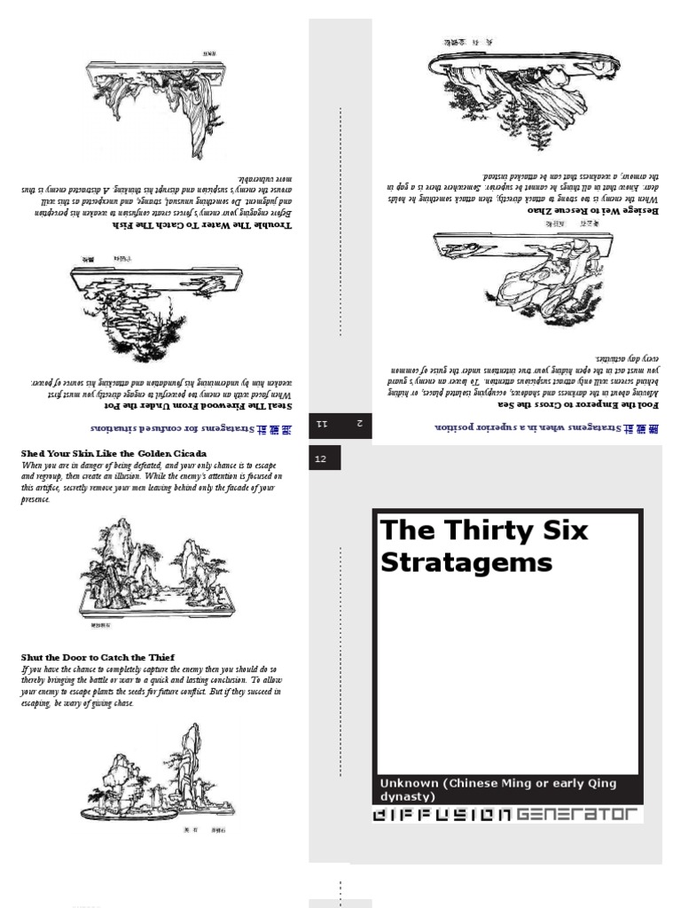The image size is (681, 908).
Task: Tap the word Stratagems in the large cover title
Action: (466, 562)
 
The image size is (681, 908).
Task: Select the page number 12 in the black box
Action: (321, 458)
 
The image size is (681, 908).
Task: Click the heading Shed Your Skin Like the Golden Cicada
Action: (113, 454)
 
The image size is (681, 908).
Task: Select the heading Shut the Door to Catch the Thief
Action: (104, 657)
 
